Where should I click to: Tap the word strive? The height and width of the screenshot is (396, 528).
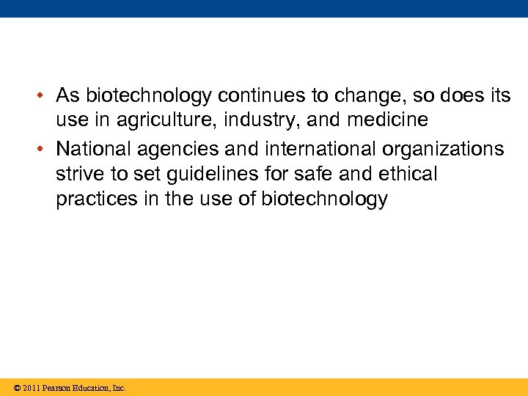(x=79, y=174)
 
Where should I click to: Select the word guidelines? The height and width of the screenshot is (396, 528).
(x=211, y=174)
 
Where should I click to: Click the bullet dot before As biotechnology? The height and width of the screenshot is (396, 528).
(x=44, y=96)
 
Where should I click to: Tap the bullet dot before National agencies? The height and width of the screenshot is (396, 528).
(x=44, y=148)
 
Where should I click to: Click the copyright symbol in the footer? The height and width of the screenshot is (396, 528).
(x=17, y=387)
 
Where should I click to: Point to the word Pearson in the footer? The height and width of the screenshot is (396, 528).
(x=56, y=387)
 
